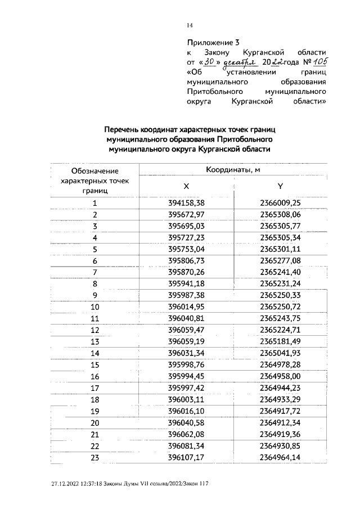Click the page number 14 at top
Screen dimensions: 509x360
190,25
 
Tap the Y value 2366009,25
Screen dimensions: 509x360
281,203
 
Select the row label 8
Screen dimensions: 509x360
95,283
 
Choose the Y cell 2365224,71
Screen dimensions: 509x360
281,330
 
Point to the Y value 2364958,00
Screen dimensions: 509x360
281,376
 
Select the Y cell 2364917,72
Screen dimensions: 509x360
281,411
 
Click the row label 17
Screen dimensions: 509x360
95,388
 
